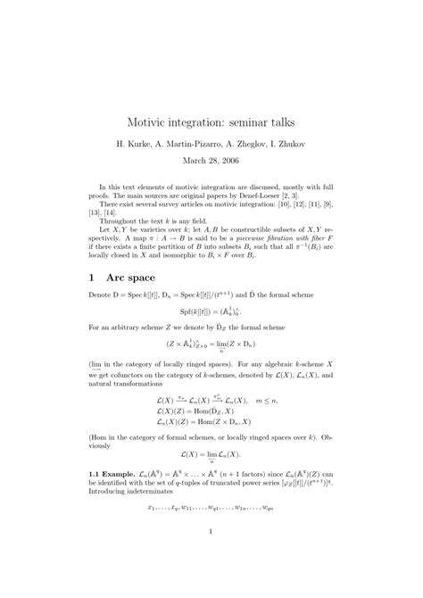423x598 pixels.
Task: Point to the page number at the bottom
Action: pyautogui.click(x=211, y=534)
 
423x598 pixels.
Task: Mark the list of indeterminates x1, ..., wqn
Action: pyautogui.click(x=211, y=507)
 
